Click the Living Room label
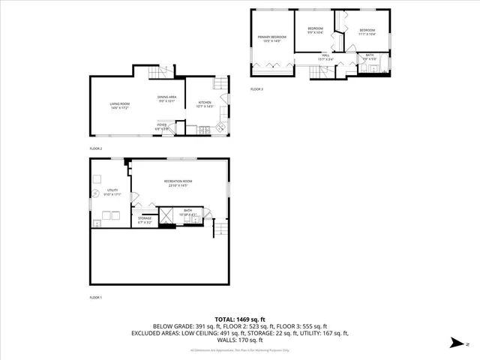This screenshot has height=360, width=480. [120, 106]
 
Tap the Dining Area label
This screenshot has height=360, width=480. [166, 99]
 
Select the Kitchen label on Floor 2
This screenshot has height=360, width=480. [205, 104]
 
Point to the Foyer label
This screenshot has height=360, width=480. [162, 127]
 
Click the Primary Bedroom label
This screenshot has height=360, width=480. [272, 39]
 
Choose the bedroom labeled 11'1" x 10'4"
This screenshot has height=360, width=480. [367, 31]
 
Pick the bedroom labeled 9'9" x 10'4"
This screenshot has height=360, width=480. [314, 31]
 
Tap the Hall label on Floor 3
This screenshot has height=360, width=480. [326, 56]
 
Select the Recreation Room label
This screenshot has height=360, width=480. [178, 183]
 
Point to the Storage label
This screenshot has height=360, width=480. [145, 220]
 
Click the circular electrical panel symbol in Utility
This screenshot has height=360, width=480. [97, 178]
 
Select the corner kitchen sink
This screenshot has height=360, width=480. [220, 128]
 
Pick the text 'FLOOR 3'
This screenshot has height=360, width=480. [256, 89]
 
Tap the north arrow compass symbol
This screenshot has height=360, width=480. [455, 342]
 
